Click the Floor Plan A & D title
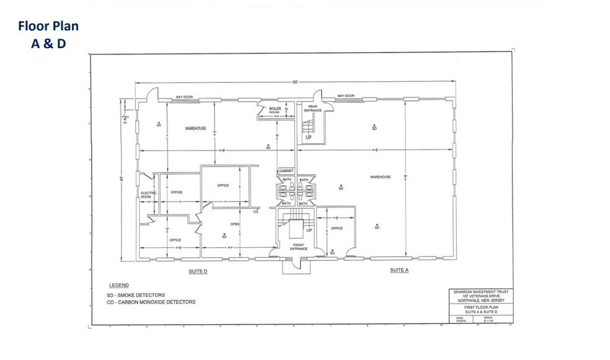point(48,35)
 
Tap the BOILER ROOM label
point(275,110)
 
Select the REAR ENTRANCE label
point(313,108)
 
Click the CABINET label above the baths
point(286,170)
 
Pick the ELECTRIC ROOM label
point(149,195)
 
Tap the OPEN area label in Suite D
point(235,224)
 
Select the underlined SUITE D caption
point(197,271)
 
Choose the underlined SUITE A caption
point(399,270)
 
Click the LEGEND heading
point(118,285)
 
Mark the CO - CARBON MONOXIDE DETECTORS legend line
point(151,302)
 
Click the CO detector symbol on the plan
point(256,211)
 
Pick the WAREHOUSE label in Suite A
point(380,177)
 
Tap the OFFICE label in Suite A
point(337,229)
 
